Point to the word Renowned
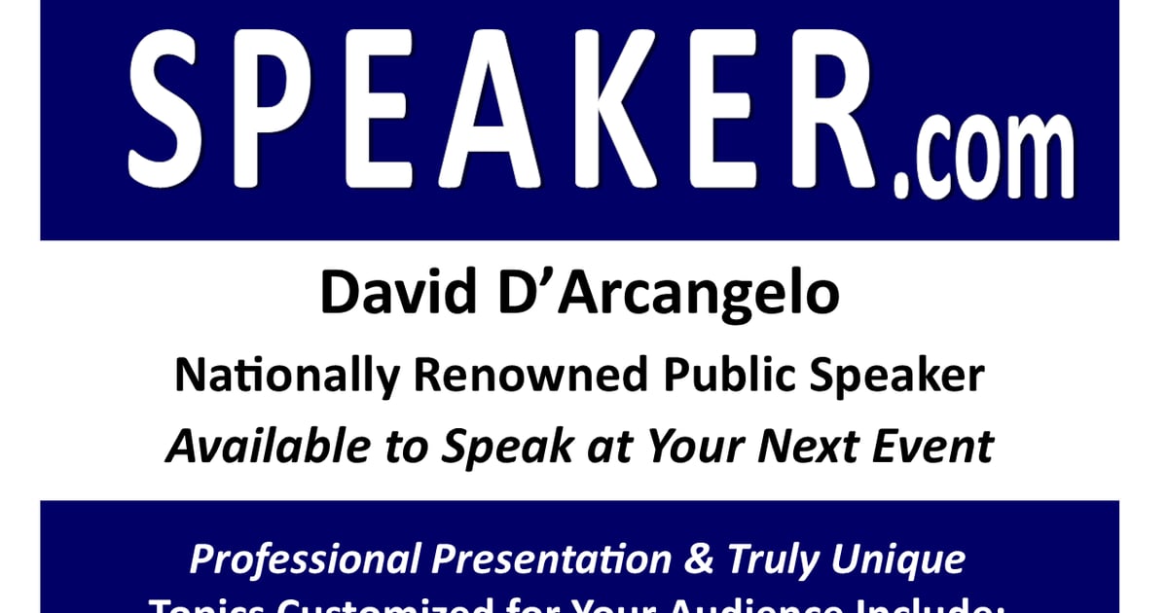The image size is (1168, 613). click(506, 375)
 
